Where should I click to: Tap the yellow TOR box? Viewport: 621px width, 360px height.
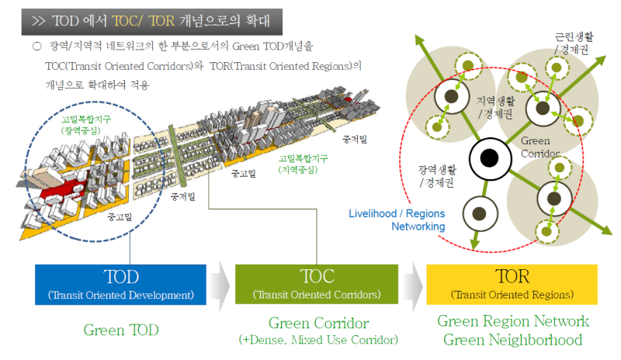(x=512, y=285)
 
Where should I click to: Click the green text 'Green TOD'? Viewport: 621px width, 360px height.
(x=121, y=330)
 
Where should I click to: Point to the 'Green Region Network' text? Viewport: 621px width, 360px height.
(x=513, y=321)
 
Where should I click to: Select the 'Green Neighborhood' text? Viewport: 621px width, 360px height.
(x=513, y=339)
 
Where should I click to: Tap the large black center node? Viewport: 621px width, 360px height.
(x=489, y=158)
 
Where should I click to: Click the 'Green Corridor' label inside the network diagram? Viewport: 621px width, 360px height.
(x=536, y=147)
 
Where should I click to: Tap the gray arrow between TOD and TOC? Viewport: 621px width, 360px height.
(x=220, y=285)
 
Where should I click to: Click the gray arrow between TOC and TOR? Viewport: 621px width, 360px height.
(x=413, y=285)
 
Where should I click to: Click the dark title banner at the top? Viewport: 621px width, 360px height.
(x=151, y=16)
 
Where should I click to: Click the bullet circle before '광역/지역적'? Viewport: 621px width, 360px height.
(x=36, y=48)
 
